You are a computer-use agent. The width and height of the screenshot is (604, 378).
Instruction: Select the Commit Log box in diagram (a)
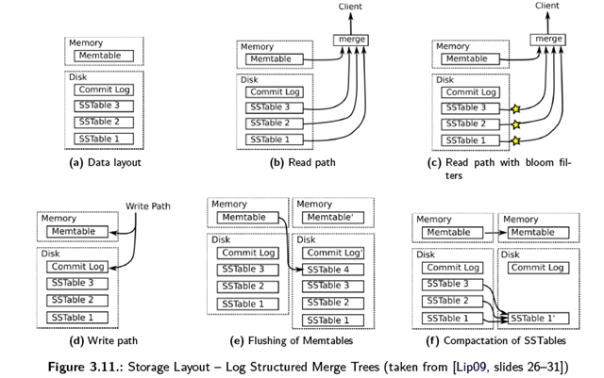click(x=104, y=90)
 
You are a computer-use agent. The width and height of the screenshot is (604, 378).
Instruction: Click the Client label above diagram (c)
click(x=547, y=6)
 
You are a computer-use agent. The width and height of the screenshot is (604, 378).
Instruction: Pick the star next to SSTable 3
click(x=516, y=109)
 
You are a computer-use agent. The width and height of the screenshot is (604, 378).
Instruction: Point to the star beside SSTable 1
click(x=516, y=140)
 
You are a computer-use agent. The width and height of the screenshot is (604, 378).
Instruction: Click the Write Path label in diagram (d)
click(x=148, y=205)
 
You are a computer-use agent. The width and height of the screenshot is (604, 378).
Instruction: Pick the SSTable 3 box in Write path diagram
click(x=76, y=283)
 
